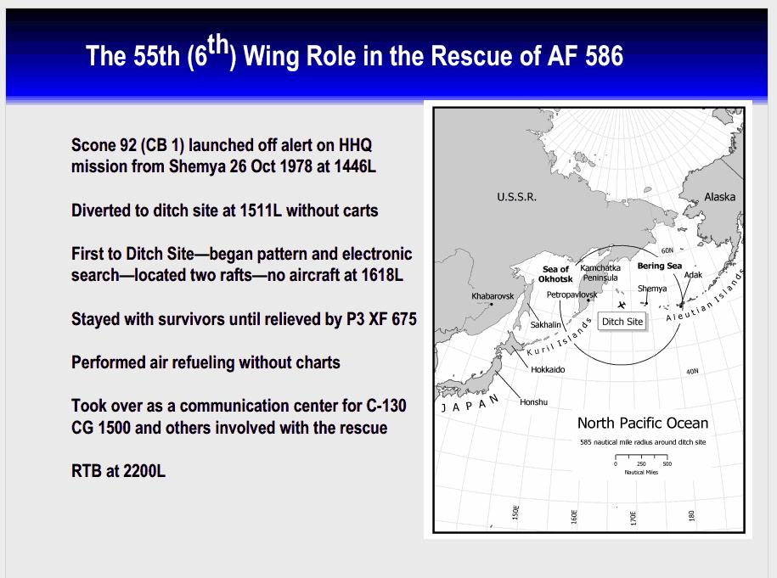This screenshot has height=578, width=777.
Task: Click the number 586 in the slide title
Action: click(x=604, y=55)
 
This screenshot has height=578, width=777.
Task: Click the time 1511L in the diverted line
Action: click(x=260, y=210)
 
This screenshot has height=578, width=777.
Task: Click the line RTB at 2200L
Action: click(x=118, y=470)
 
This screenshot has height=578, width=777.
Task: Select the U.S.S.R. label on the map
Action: click(x=517, y=197)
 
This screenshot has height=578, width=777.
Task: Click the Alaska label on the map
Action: click(x=719, y=197)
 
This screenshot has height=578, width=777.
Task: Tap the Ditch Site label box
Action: click(x=622, y=322)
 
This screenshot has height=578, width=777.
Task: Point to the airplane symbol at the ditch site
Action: click(x=622, y=305)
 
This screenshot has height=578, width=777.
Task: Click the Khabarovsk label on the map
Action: click(x=493, y=296)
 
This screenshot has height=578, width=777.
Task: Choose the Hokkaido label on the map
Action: click(x=548, y=369)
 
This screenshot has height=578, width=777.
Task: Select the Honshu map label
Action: click(x=533, y=402)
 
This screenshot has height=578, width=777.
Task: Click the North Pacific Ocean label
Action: click(x=643, y=423)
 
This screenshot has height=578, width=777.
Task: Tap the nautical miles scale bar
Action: click(x=642, y=457)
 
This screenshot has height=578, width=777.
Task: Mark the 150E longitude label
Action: click(x=515, y=513)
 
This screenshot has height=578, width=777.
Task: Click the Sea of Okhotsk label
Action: click(x=555, y=274)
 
